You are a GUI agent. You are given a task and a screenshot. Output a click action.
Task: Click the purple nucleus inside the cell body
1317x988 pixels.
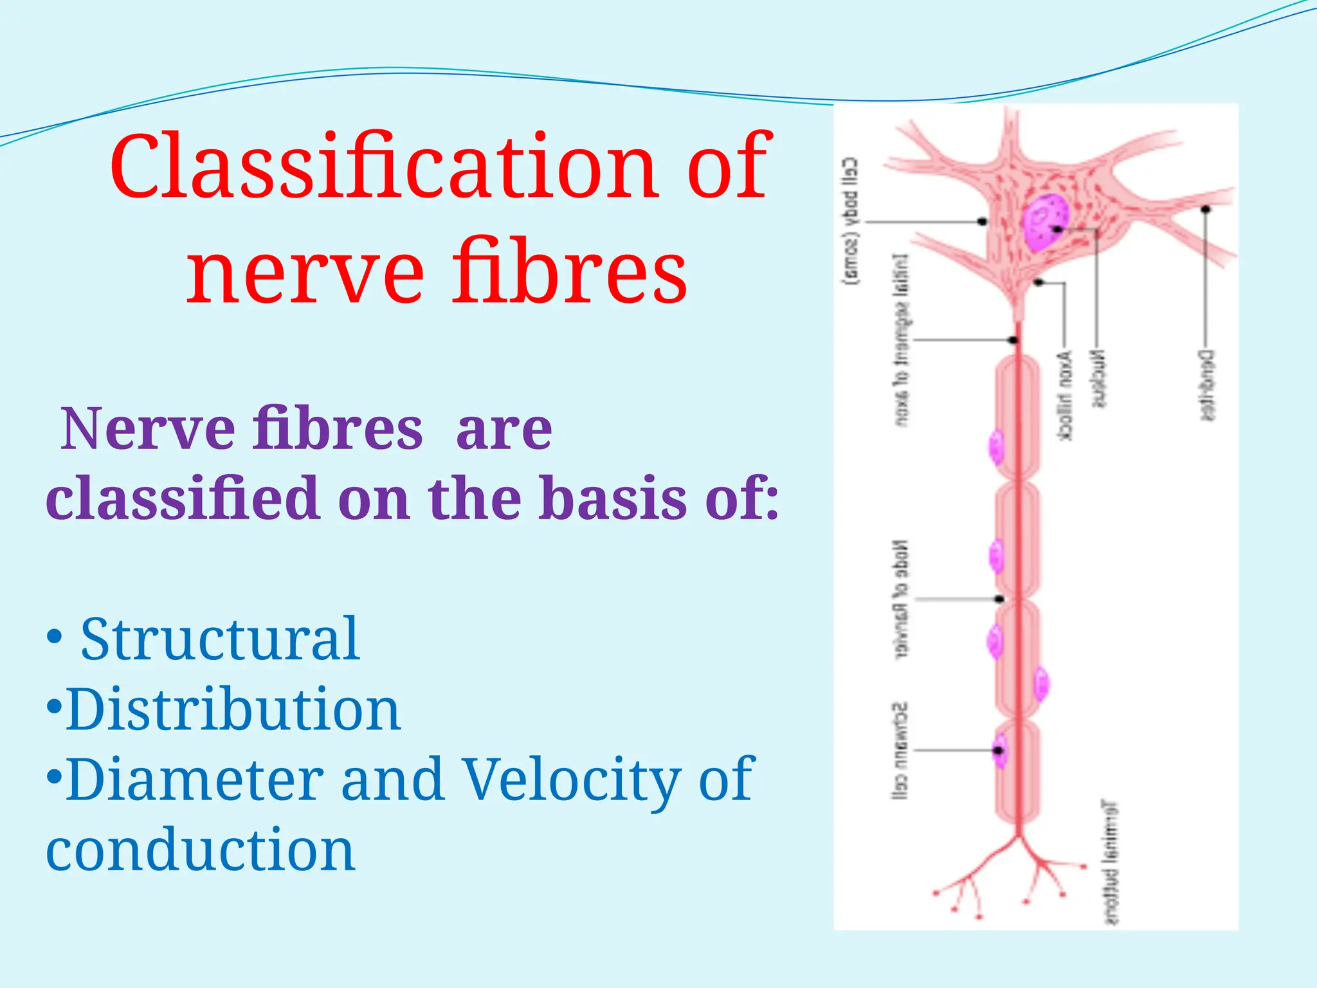point(1045,222)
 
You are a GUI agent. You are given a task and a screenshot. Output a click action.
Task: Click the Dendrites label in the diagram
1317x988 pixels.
point(1207,385)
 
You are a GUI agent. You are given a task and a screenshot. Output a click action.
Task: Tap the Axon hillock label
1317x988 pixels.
point(1065,396)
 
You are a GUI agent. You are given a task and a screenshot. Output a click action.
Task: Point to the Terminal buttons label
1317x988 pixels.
point(1111,862)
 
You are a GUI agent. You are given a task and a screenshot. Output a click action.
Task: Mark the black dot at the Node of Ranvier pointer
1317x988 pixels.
point(999,599)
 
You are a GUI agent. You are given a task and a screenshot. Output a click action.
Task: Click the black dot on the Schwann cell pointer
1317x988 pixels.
point(999,750)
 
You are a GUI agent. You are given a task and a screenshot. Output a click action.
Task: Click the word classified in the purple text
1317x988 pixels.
point(183,499)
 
